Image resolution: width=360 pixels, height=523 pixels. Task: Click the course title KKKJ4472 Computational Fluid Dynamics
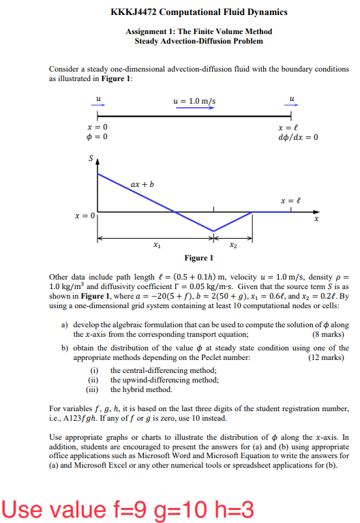pos(198,12)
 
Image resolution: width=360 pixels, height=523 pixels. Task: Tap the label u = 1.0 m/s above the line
pos(194,101)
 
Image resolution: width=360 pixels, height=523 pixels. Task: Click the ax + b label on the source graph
pos(142,183)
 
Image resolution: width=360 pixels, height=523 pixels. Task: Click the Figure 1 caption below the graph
pos(198,258)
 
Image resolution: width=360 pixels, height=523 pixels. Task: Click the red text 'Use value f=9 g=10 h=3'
pos(127,508)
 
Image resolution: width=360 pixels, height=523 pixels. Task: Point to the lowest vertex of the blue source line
pos(213,231)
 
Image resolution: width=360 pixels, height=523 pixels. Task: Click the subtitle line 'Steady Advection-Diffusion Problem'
pos(198,41)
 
